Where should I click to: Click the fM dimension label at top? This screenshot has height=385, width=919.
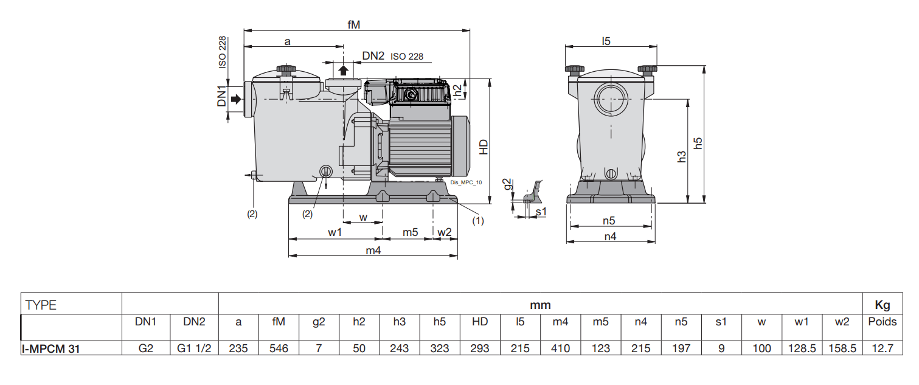[353, 24]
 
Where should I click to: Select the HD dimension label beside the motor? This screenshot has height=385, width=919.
[484, 147]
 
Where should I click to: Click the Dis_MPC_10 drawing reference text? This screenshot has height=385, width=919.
[466, 182]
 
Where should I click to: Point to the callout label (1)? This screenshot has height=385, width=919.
[478, 221]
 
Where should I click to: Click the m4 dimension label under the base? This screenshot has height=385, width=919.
[372, 251]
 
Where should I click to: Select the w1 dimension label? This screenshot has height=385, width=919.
[335, 232]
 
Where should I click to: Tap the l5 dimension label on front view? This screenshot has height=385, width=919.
[606, 41]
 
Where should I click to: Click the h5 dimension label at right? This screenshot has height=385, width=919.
[699, 143]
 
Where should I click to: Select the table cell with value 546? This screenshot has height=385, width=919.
[279, 349]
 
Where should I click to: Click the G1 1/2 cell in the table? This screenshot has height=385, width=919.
[193, 349]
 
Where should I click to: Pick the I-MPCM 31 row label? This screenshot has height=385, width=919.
[51, 349]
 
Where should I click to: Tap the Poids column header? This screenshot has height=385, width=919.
[882, 322]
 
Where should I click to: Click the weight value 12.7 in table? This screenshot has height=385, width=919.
[882, 349]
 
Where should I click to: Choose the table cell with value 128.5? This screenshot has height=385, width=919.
[802, 349]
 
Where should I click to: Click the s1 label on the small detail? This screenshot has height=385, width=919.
[541, 211]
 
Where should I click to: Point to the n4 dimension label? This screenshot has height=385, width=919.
[610, 237]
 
